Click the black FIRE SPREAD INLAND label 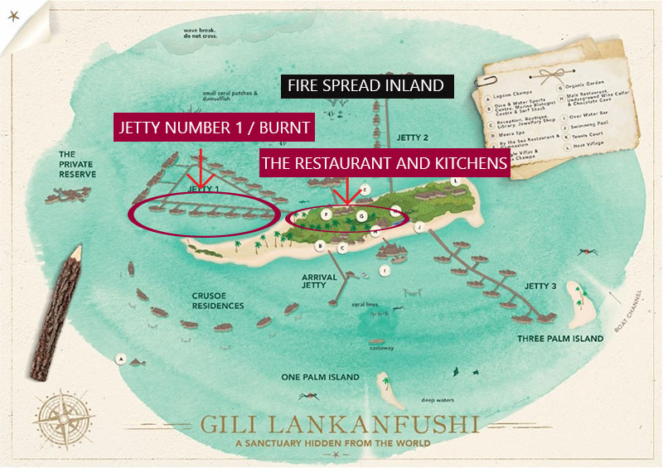point(365,85)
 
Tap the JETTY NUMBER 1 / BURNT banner point(214,128)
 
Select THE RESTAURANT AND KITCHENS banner point(384,163)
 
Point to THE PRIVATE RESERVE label point(77,164)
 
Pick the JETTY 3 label point(540,286)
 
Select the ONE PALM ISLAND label point(320,377)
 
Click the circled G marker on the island point(362,215)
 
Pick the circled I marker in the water point(384,270)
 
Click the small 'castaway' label point(382,348)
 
